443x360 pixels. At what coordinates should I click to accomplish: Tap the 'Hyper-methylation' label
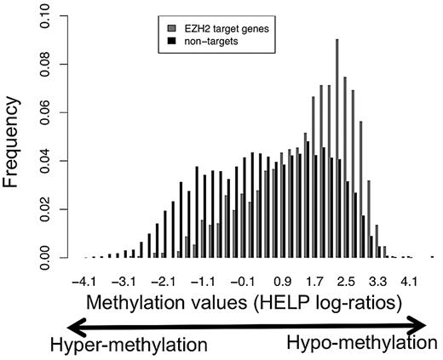[x=128, y=346]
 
